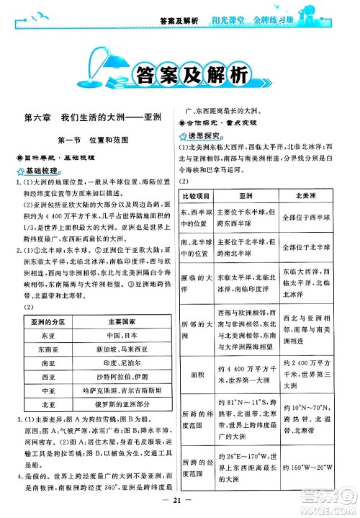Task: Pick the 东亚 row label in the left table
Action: pyautogui.click(x=48, y=335)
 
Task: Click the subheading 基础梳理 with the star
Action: pyautogui.click(x=40, y=171)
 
